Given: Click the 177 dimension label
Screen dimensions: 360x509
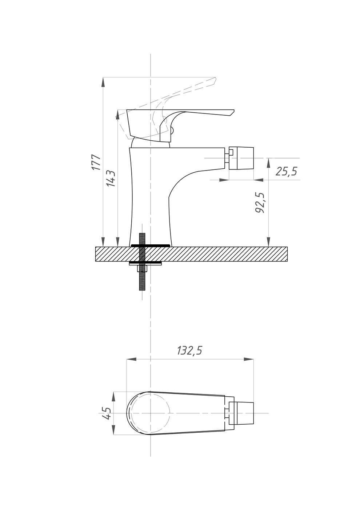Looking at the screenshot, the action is [x=96, y=162].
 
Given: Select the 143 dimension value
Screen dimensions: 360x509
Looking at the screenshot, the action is [x=111, y=179].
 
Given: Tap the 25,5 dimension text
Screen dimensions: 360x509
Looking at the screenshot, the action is [x=287, y=171].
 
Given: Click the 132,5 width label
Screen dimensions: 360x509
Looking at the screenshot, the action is [x=189, y=350].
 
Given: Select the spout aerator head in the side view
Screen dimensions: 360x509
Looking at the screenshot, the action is [x=241, y=158].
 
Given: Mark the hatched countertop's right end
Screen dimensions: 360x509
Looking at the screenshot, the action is [x=287, y=254].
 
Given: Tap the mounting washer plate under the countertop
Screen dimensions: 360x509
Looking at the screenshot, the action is [x=145, y=263].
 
